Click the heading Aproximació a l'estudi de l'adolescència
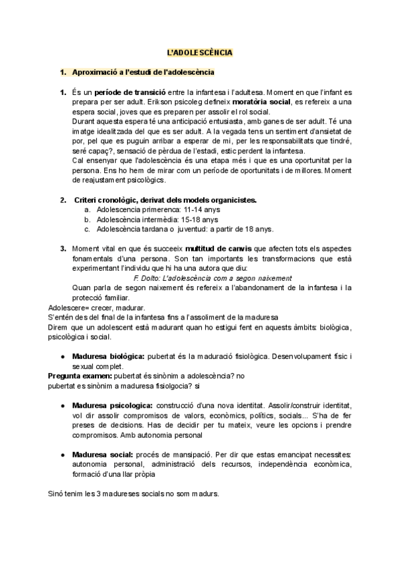pyautogui.click(x=143, y=72)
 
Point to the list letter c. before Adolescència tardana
pyautogui.click(x=88, y=229)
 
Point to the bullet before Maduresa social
pyautogui.click(x=62, y=455)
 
